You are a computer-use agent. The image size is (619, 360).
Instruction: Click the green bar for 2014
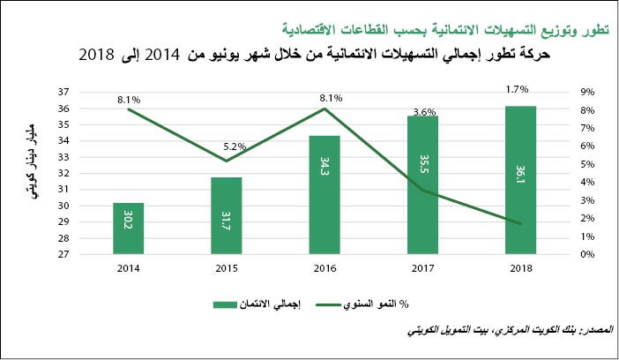[x=129, y=229]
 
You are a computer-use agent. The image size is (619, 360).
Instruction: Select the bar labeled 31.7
[x=226, y=216]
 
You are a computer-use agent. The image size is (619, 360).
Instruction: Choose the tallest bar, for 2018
[x=520, y=180]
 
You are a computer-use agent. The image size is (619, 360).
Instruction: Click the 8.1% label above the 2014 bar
[x=128, y=101]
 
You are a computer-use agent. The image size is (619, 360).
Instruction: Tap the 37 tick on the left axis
[x=88, y=92]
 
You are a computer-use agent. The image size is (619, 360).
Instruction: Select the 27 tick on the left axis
[x=88, y=254]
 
